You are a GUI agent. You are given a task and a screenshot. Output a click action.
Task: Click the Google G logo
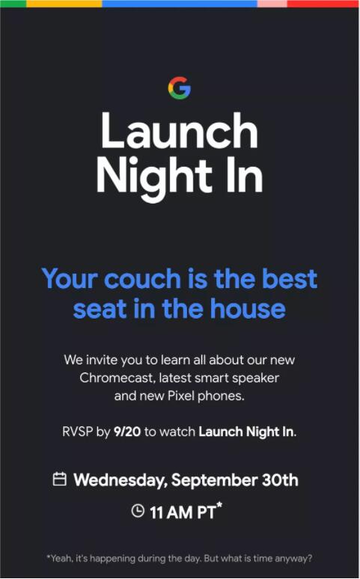[x=180, y=88]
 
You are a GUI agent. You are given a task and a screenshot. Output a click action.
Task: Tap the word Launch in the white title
[x=180, y=131]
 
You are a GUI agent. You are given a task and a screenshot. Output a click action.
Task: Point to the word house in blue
[x=248, y=309]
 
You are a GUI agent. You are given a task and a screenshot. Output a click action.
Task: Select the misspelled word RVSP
[x=77, y=432]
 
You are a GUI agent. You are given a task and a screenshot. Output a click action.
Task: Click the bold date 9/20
[x=127, y=432]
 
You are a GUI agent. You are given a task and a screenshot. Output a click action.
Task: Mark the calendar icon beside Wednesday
[x=60, y=479]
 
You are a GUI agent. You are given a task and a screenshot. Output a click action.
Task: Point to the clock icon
[x=138, y=511]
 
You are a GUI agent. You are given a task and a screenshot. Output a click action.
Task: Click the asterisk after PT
[x=219, y=505]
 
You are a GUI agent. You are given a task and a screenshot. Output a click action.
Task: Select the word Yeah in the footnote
[x=60, y=558]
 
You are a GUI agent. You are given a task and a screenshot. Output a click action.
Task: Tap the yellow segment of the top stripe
[x=64, y=3]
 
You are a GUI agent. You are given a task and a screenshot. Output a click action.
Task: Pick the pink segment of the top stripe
[x=272, y=3]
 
